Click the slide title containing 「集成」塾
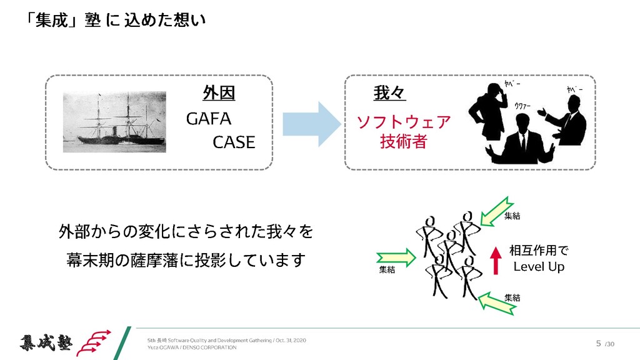[x=116, y=21]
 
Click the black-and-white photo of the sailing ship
[x=114, y=122]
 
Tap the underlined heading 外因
[x=219, y=94]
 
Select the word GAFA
[x=209, y=119]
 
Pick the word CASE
[x=234, y=142]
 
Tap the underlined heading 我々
[x=389, y=94]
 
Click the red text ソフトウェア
[x=403, y=122]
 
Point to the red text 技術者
[x=403, y=142]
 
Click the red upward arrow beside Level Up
[x=495, y=260]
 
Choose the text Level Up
[x=539, y=267]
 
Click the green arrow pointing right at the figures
[x=397, y=256]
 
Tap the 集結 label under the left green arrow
[x=387, y=270]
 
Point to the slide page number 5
[x=598, y=343]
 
